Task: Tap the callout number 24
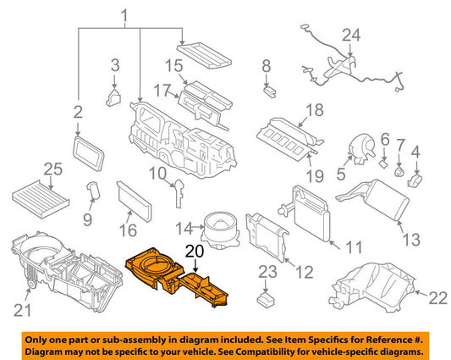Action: tap(351, 35)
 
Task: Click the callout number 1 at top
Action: tap(124, 16)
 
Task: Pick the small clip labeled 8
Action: tap(270, 91)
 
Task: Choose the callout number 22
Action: tap(437, 298)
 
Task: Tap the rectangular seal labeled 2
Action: tap(89, 153)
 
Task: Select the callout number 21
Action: tap(22, 310)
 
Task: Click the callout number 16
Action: tap(128, 230)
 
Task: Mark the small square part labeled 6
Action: tap(383, 163)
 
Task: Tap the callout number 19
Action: tap(315, 175)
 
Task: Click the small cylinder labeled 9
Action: tap(93, 191)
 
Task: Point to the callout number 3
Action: tap(115, 65)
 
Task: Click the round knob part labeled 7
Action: tap(399, 172)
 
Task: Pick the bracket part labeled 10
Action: tap(179, 192)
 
